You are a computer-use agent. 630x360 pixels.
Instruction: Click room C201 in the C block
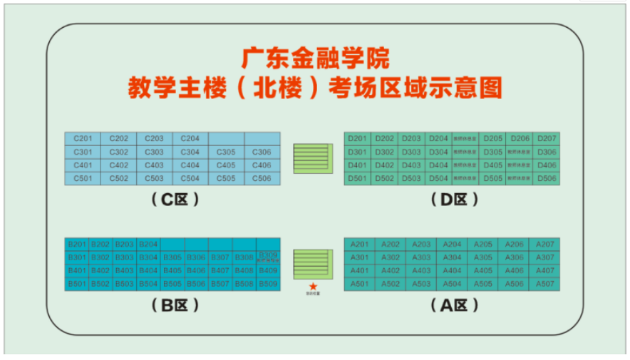83,138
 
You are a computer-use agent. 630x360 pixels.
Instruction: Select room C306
262,152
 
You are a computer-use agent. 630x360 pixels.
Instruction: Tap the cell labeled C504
190,178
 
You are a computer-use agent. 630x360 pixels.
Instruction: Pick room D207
547,138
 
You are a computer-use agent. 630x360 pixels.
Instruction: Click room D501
357,178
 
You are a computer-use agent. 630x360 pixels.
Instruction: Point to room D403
410,165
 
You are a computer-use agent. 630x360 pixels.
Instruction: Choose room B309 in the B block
268,257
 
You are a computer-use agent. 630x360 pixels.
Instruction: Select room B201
76,244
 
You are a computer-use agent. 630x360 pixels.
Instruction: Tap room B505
172,283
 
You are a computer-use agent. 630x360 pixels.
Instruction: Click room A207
544,244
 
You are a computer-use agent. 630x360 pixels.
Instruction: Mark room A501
360,283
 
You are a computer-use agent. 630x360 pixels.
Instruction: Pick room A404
452,270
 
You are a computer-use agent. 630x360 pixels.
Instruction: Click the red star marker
312,286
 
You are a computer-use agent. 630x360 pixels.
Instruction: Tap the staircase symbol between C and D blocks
312,157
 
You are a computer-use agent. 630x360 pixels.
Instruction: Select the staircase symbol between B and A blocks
312,263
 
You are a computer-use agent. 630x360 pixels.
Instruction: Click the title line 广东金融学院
315,57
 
